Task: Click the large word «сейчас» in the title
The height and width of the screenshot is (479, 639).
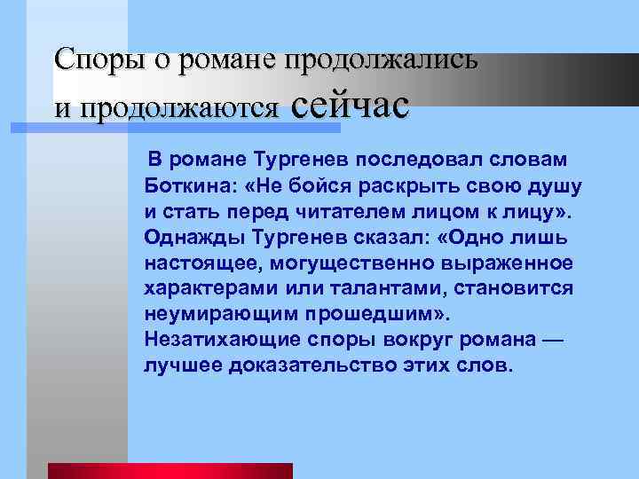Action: [x=350, y=105]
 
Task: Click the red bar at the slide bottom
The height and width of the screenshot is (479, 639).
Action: [x=170, y=470]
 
